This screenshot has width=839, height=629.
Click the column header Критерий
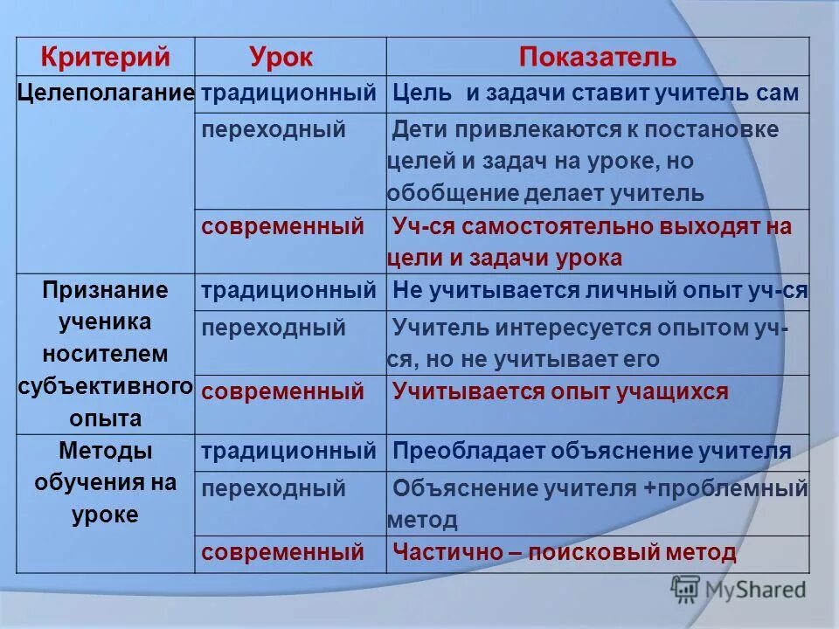coord(104,58)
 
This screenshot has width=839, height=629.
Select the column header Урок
coord(281,58)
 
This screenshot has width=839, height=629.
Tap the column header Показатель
coord(597,58)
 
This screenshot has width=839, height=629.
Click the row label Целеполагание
coord(106,93)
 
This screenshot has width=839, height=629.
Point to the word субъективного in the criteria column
coord(106,386)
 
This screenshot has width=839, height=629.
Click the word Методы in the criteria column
coord(106,451)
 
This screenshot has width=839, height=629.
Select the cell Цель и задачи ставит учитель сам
coord(595,93)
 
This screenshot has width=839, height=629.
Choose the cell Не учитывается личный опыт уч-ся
coord(600,290)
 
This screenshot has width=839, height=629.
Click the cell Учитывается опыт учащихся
coord(560,391)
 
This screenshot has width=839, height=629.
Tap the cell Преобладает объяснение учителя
coord(592,451)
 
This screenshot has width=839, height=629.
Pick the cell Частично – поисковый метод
coord(565,552)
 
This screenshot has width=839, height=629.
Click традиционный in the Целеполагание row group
coord(288,93)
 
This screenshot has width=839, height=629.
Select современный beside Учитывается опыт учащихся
coord(282,391)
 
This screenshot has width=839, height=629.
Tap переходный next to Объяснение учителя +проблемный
coord(274,487)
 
